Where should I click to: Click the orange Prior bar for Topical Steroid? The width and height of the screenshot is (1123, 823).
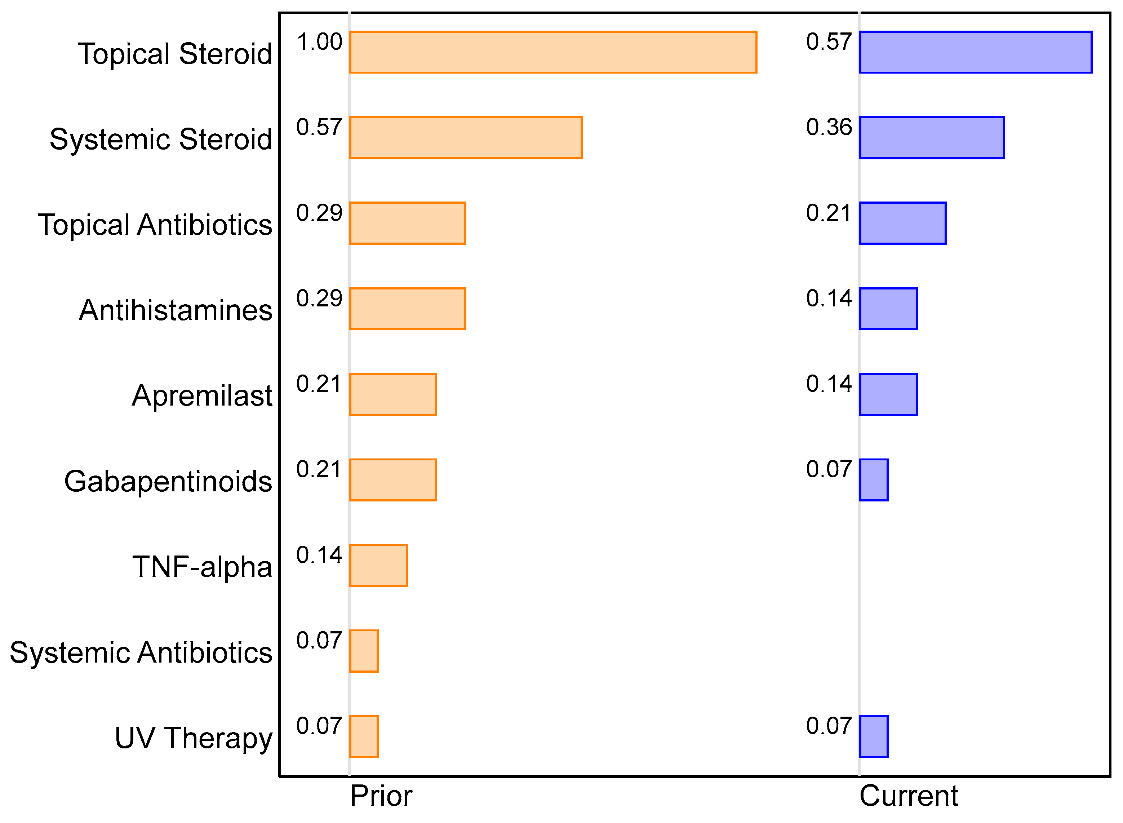(553, 52)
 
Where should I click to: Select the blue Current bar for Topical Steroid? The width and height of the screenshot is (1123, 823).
(975, 52)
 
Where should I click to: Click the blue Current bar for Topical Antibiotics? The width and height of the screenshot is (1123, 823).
(902, 223)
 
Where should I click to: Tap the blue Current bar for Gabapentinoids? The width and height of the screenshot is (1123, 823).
(874, 480)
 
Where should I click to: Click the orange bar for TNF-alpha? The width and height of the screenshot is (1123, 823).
(378, 566)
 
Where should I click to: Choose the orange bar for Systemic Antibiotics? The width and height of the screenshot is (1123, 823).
(364, 651)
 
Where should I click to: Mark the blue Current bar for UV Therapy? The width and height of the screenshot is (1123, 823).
(874, 736)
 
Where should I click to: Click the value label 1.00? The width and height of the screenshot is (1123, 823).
(319, 42)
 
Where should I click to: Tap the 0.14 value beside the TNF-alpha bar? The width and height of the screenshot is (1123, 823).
(319, 555)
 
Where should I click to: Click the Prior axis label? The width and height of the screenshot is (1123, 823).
(381, 796)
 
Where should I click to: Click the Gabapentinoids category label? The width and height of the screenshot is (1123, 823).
(168, 481)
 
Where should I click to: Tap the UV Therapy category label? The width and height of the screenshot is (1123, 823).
(194, 738)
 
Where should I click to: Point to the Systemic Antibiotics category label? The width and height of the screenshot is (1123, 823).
(141, 652)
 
